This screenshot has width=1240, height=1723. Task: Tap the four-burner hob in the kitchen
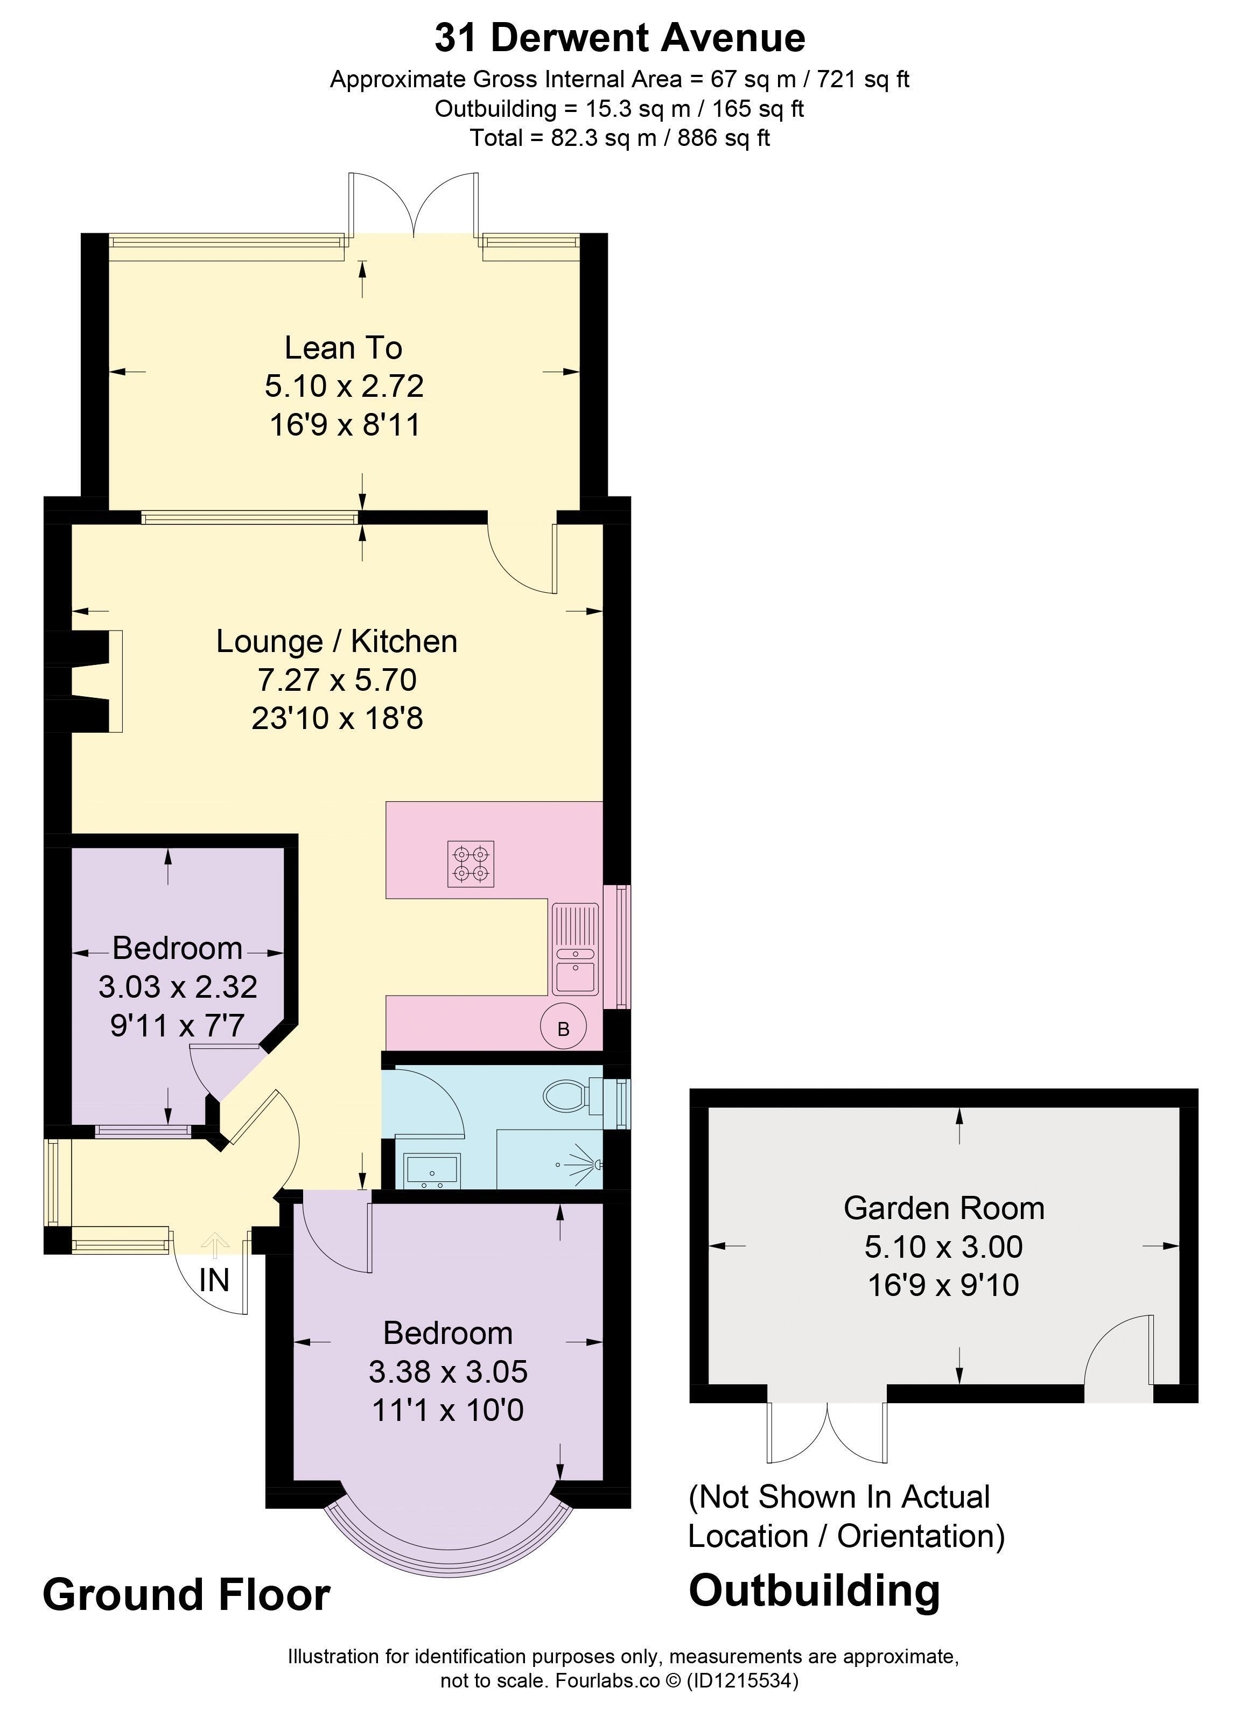point(471,864)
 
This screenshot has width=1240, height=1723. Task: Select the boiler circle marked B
point(563,1028)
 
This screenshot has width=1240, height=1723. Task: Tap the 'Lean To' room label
point(344,348)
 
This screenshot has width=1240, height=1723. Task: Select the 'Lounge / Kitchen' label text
point(337,641)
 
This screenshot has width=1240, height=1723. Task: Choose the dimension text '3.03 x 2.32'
point(178,987)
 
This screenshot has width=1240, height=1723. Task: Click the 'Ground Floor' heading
point(187,1594)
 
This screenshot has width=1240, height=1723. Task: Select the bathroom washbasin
point(433,1171)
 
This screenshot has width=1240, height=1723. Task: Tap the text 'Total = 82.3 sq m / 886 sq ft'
point(620,137)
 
